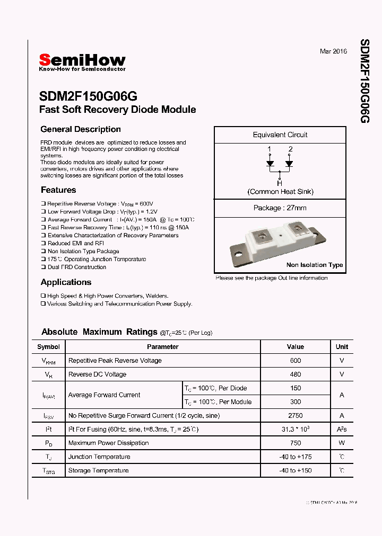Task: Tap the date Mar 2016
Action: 333,51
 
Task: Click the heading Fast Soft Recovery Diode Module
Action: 118,110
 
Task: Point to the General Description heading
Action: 81,129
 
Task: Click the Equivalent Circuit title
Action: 280,135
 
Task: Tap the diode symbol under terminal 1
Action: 270,163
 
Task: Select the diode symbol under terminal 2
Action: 290,163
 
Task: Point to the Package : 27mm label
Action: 280,208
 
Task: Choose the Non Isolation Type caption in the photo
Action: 315,265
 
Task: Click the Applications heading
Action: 66,282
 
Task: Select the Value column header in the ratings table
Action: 296,347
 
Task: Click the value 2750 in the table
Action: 296,416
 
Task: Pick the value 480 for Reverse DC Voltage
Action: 296,374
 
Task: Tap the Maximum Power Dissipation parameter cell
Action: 108,443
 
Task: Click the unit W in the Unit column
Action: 342,443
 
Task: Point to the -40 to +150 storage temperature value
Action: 296,471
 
